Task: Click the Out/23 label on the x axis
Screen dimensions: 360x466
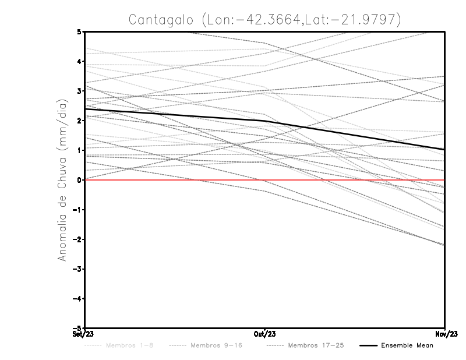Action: coord(265,334)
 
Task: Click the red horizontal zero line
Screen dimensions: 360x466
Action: coord(175,180)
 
